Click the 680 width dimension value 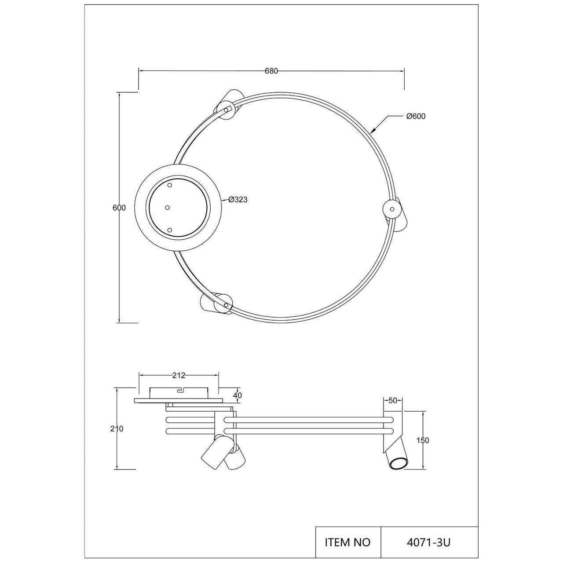pos(271,71)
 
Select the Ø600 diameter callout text pos(416,116)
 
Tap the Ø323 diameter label pos(238,200)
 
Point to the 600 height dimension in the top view pos(119,208)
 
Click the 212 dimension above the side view pos(179,376)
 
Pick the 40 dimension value pos(238,395)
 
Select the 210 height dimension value pos(117,428)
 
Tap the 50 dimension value pos(393,401)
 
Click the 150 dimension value pos(423,448)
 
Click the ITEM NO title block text pos(347,534)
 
